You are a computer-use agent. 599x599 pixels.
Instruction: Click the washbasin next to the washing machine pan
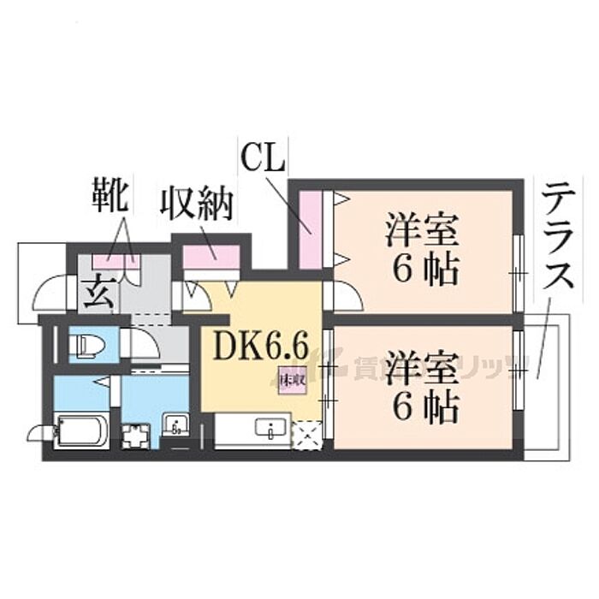point(175,425)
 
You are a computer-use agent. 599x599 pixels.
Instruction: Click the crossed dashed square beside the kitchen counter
point(305,435)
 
